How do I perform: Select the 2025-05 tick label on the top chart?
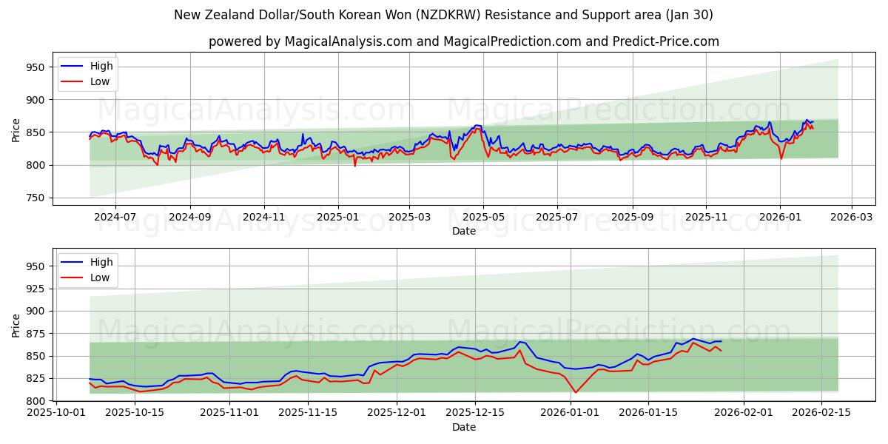pos(483,218)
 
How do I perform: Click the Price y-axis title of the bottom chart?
pos(16,325)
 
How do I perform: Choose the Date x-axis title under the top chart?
pos(464,231)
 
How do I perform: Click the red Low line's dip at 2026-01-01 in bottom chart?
pos(576,392)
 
